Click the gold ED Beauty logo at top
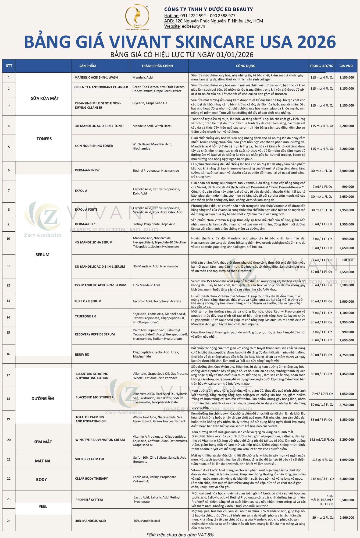click(x=137, y=17)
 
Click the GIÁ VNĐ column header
click(x=346, y=66)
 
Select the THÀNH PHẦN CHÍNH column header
click(x=157, y=66)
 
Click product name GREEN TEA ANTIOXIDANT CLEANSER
click(x=101, y=87)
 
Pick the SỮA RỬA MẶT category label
click(x=45, y=98)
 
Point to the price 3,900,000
click(x=347, y=171)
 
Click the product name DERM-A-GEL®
click(x=85, y=224)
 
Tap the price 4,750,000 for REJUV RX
click(x=347, y=355)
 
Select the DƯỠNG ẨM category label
click(x=43, y=398)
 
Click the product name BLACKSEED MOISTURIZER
click(x=94, y=397)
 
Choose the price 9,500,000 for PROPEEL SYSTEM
click(x=347, y=500)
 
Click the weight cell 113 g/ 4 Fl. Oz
click(x=321, y=459)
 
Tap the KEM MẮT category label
click(x=43, y=442)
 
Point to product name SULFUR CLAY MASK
click(x=90, y=459)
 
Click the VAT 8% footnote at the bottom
click(x=180, y=535)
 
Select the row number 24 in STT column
click(x=9, y=521)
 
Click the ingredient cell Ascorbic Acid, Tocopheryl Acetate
click(x=157, y=301)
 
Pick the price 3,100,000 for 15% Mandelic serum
click(x=347, y=285)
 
